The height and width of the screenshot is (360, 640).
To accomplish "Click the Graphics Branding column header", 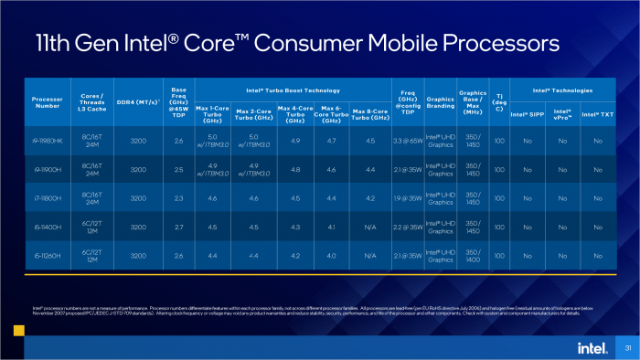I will pos(441,103).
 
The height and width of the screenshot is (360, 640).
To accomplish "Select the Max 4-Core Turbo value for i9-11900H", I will pos(294,169).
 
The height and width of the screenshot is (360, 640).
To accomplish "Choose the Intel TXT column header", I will pos(598,114).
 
